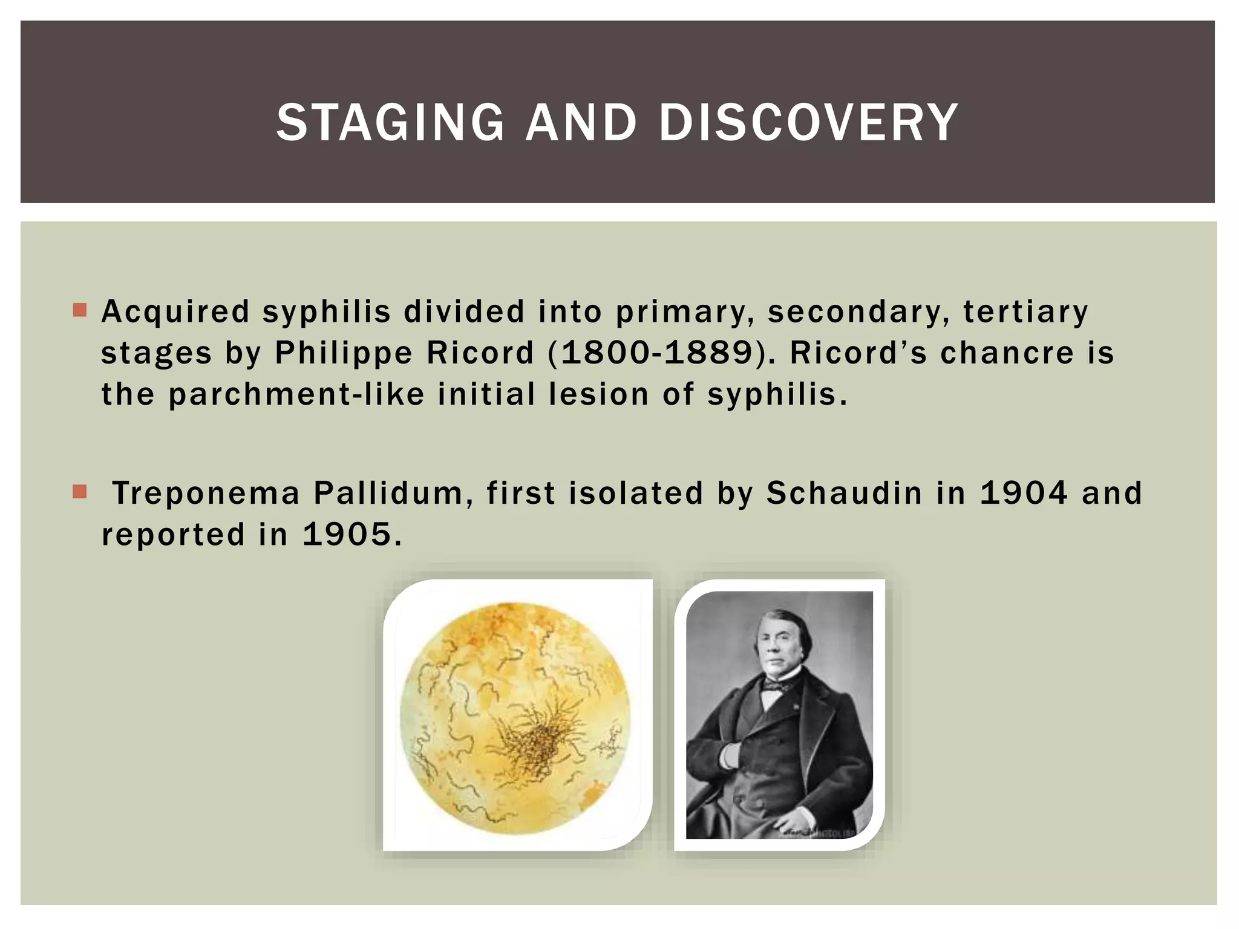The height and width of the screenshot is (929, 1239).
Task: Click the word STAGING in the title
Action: (x=390, y=123)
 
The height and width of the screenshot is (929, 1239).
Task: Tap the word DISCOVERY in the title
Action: (x=808, y=123)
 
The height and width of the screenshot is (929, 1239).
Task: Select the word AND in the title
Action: (x=581, y=123)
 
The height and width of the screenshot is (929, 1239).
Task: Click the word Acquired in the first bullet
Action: (x=175, y=312)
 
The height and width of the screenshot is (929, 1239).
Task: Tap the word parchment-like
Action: (x=296, y=395)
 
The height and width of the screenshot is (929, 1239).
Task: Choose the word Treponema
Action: (x=206, y=494)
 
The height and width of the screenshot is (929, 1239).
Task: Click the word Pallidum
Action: (x=393, y=494)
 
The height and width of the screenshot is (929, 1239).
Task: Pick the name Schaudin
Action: (x=844, y=494)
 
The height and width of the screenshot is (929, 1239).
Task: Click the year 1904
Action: (x=1024, y=494)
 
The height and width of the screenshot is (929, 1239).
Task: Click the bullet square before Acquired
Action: (x=80, y=310)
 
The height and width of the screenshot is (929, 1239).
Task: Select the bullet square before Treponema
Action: (x=80, y=491)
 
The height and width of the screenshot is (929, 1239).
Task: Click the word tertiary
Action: (x=1025, y=312)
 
